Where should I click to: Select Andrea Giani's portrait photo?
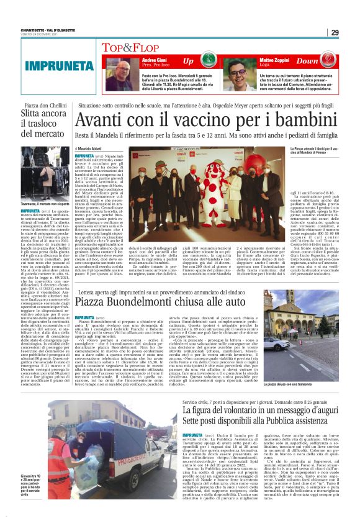(x=118, y=72)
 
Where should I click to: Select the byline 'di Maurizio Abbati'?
(x=94, y=150)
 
